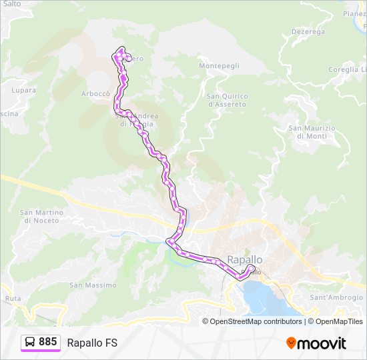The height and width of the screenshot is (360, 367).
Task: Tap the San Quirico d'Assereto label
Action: coord(227,100)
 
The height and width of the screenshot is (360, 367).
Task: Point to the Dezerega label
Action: coord(308,31)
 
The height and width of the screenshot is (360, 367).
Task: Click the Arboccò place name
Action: coord(95,93)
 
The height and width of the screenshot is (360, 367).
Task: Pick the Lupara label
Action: coord(23,89)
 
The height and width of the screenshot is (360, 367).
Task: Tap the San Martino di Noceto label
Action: coord(41,216)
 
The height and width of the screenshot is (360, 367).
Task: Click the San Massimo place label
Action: coord(93,285)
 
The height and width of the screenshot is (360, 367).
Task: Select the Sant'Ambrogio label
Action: coord(336,297)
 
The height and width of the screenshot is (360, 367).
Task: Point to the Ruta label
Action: coord(13,299)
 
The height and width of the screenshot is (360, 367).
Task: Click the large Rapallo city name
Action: coord(245,259)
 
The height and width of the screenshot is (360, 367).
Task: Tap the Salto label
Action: coord(11,4)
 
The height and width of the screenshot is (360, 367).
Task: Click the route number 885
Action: coord(48,342)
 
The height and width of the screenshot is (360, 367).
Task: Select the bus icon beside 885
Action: coord(30,343)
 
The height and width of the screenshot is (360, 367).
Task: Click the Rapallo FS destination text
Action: coord(92,343)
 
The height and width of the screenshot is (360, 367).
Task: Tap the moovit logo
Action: coord(316,343)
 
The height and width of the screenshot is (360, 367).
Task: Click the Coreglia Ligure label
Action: coord(348,69)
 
